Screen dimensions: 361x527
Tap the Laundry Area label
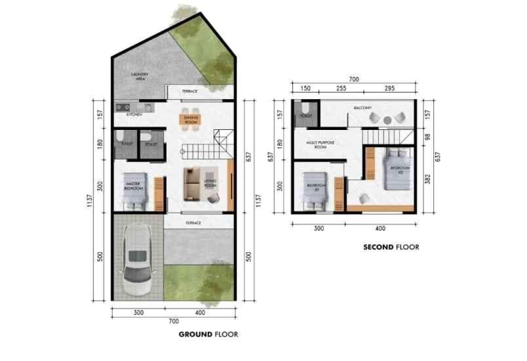tap(139, 76)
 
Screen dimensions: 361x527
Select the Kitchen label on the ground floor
tap(134, 114)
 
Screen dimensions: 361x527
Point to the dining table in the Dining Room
tap(192, 119)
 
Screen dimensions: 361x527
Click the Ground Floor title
tap(208, 334)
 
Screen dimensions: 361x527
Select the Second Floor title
tap(391, 247)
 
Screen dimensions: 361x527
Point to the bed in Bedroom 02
tap(395, 169)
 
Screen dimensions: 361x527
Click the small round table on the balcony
tap(388, 119)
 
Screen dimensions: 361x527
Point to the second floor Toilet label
tap(305, 116)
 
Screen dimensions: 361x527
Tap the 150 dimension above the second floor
tap(305, 88)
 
